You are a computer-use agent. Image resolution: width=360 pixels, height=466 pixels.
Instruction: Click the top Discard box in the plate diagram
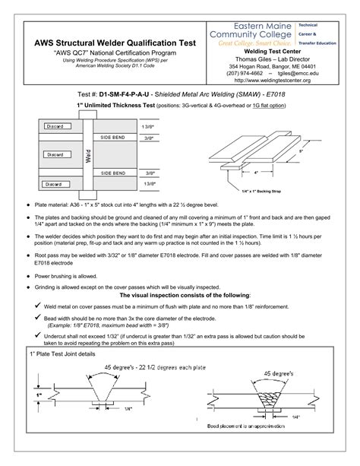pos(55,126)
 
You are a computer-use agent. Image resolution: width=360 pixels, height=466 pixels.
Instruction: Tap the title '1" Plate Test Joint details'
pos(63,354)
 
